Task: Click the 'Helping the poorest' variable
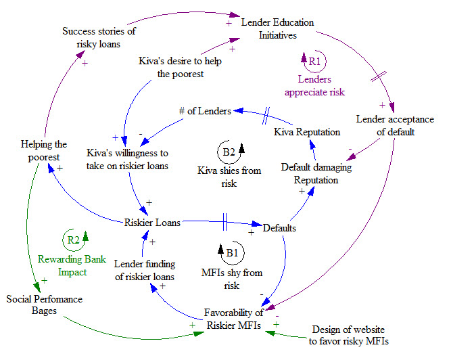[x=44, y=150]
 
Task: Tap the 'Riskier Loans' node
[x=152, y=222]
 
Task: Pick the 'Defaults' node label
[x=279, y=228]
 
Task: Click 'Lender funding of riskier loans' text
[x=144, y=270]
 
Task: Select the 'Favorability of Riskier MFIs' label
[x=234, y=318]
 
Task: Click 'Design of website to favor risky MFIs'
[x=349, y=335]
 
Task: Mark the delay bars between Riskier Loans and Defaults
[x=222, y=220]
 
